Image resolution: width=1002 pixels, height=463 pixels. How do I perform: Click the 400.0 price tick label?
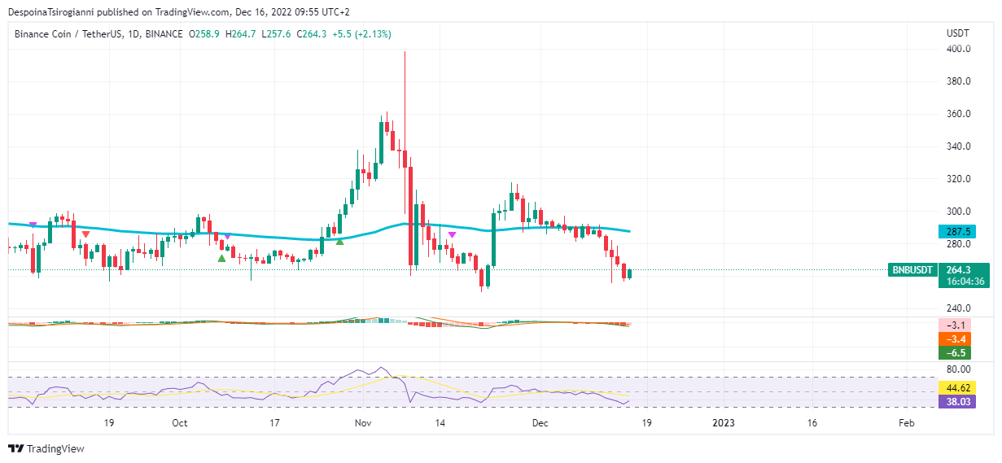[958, 49]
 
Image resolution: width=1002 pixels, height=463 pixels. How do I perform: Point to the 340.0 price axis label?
[958, 146]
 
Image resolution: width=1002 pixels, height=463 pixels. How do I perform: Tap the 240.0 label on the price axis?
[958, 308]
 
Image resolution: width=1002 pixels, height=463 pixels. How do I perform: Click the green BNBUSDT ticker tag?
[912, 269]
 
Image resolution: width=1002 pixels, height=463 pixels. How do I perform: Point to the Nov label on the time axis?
[364, 423]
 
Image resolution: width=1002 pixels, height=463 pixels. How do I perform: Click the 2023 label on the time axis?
[723, 423]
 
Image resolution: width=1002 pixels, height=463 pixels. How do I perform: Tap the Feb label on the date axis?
[906, 423]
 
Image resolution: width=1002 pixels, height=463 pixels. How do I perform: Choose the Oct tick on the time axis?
[180, 423]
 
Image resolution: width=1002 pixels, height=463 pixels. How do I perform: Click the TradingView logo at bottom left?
[46, 448]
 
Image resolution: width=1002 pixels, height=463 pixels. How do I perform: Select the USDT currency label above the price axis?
[958, 33]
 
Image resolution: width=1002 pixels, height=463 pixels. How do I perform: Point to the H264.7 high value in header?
[240, 34]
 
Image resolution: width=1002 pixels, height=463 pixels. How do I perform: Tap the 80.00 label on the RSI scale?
[958, 369]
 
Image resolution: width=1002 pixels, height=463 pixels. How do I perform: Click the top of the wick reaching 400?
[405, 52]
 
